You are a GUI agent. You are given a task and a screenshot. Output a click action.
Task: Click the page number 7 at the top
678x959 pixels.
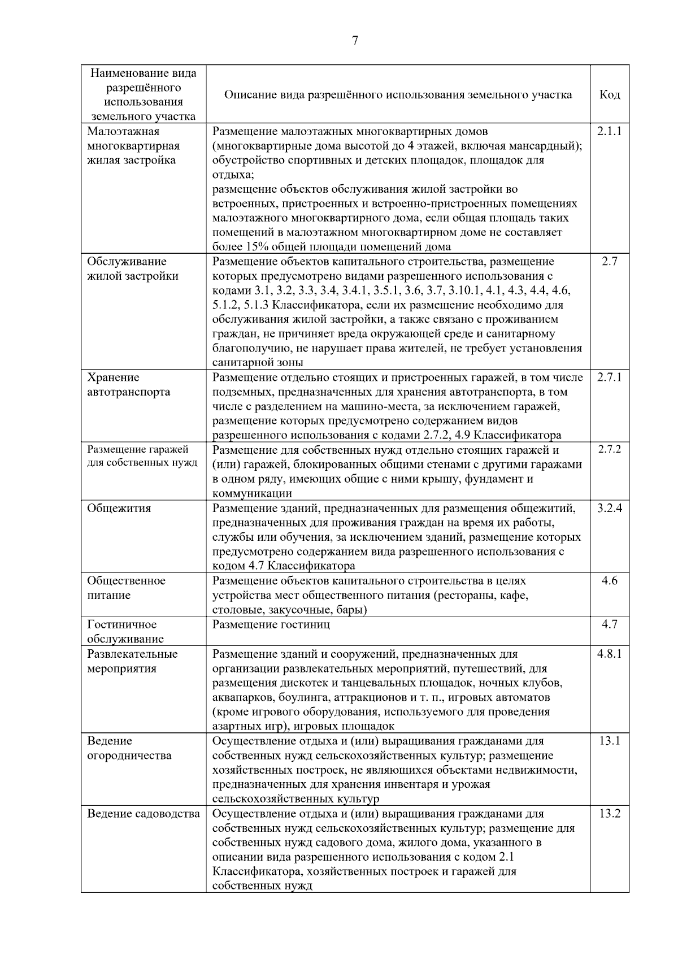[355, 41]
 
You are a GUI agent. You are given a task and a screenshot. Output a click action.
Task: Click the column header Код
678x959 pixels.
[610, 95]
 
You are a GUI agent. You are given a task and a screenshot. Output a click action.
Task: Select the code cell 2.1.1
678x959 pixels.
[609, 131]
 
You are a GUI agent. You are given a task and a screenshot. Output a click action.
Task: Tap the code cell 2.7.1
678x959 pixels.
[609, 377]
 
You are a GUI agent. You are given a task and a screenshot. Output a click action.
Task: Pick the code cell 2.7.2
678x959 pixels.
[609, 450]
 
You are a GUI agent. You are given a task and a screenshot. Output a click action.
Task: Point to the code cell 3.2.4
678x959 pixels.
[609, 508]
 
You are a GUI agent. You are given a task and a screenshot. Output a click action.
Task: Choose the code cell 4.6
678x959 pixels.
[610, 580]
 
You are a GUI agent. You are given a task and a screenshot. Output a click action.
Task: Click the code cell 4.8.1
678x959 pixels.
[609, 654]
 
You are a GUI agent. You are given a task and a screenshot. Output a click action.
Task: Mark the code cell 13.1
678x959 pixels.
[610, 741]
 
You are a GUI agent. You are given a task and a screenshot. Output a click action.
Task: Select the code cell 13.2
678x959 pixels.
[610, 814]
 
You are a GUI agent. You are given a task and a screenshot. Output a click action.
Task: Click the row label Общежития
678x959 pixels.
[119, 508]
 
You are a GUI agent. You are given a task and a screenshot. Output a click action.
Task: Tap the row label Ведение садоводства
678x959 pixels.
[144, 814]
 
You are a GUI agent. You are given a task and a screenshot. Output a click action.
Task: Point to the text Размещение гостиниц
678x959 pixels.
[271, 624]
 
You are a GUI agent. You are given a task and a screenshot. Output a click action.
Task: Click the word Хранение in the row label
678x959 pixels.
[113, 377]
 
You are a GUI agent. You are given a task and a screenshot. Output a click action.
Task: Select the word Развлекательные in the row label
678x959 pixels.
[132, 654]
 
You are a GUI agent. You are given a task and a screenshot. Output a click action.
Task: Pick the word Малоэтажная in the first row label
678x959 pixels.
[123, 131]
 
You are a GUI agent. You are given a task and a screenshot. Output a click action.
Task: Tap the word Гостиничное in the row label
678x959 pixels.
[122, 624]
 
